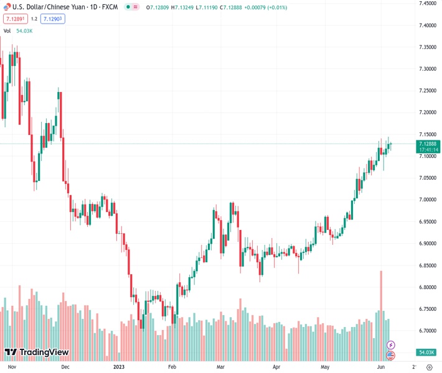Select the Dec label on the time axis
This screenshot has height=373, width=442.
(x=65, y=367)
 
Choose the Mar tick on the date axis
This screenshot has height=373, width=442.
(x=220, y=367)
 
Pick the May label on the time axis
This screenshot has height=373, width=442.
(x=324, y=367)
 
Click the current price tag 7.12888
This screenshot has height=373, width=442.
(x=428, y=144)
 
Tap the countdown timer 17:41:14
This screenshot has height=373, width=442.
(x=428, y=150)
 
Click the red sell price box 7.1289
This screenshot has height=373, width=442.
(x=16, y=19)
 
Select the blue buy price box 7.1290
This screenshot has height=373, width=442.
(x=52, y=19)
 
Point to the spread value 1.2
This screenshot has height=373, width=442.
(x=34, y=19)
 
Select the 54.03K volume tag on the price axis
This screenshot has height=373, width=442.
(x=427, y=352)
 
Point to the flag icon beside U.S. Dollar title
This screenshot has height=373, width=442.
(x=7, y=7)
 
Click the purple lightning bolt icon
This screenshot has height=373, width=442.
(x=391, y=344)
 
